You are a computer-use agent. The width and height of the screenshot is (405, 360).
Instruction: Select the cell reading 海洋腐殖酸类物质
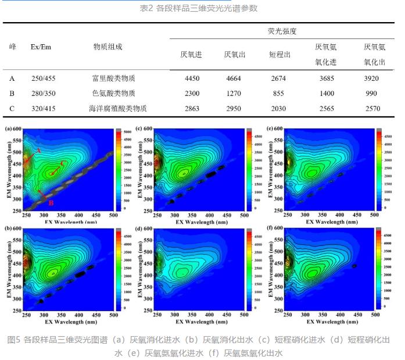118,108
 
